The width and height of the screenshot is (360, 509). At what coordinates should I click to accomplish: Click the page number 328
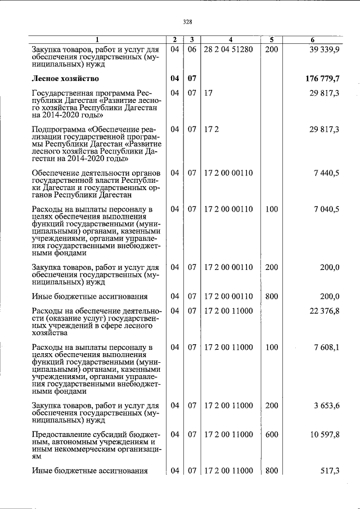pyautogui.click(x=188, y=22)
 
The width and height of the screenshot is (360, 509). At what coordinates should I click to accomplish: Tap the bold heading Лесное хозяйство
pyautogui.click(x=66, y=78)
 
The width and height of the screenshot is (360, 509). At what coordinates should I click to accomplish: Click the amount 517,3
pyautogui.click(x=330, y=471)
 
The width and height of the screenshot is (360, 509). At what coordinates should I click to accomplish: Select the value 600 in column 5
pyautogui.click(x=271, y=434)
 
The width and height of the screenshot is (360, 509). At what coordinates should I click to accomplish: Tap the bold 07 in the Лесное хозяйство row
pyautogui.click(x=192, y=78)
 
